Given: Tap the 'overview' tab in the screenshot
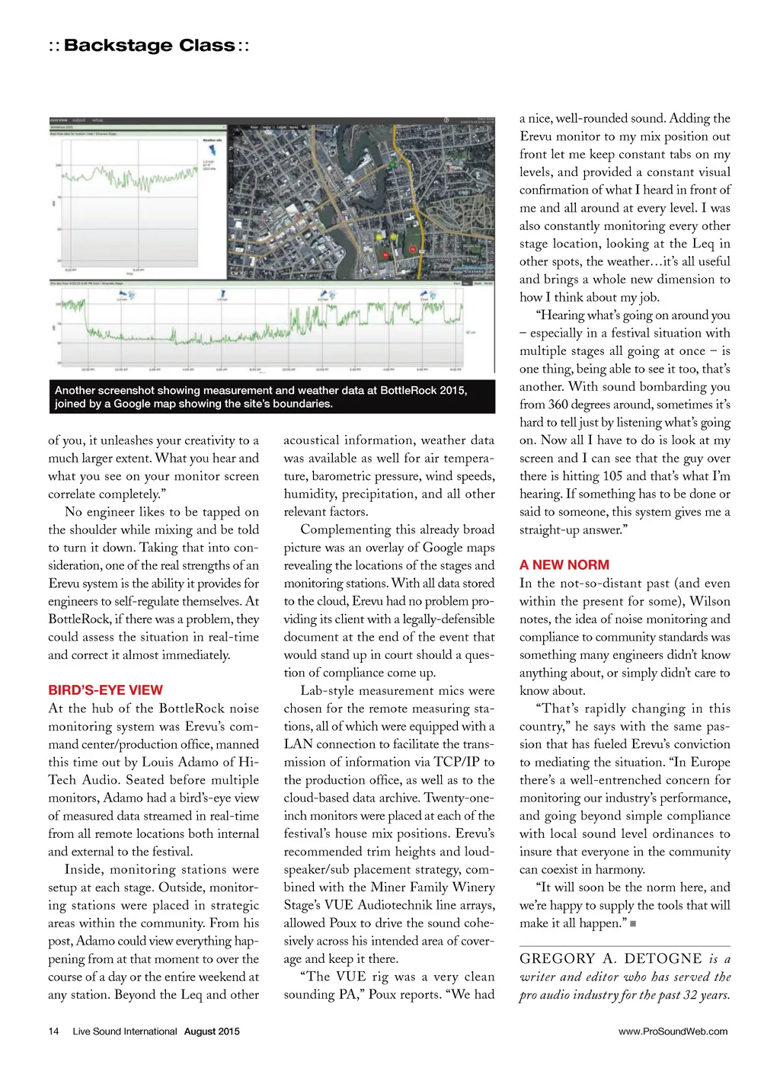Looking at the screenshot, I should click(59, 120).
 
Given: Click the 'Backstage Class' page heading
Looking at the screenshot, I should click(149, 46).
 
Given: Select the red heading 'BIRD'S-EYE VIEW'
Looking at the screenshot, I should click(105, 690).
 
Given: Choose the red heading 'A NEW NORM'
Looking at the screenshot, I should click(564, 565).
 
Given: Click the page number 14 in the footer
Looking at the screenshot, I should click(53, 1031).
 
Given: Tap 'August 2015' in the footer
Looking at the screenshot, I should click(212, 1031).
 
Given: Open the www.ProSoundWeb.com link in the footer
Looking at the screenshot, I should click(673, 1031).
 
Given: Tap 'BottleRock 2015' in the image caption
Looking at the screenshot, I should click(423, 390).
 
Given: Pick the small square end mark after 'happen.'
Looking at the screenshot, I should click(633, 924).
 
